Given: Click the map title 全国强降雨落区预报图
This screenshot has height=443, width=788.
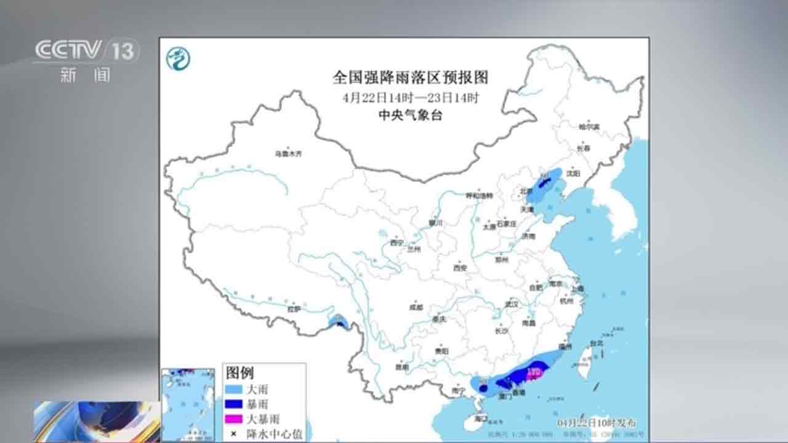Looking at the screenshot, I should pos(410,78).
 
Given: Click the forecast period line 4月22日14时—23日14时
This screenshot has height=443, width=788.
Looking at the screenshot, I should pos(411,97).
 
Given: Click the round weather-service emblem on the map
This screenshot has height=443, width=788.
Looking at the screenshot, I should pos(179,58).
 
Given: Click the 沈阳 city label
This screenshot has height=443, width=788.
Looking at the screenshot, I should pos(573,173).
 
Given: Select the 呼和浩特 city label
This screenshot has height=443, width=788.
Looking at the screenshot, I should pos(479,196).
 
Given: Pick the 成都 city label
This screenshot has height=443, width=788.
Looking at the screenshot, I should pos(416,307).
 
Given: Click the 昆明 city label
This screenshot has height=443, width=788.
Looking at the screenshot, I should pos(401,367).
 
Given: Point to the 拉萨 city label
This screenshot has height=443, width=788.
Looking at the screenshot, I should pos(294,309).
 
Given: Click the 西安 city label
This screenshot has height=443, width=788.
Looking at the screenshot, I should pos(460,268).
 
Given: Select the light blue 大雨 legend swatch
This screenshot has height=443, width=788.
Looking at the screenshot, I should pos(234,389).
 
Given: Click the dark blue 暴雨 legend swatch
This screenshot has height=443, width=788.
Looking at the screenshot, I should pos(234,404).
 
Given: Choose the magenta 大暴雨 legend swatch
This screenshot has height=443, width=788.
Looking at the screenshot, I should pos(234,419).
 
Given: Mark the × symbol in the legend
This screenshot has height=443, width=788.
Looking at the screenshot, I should pos(234,434).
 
